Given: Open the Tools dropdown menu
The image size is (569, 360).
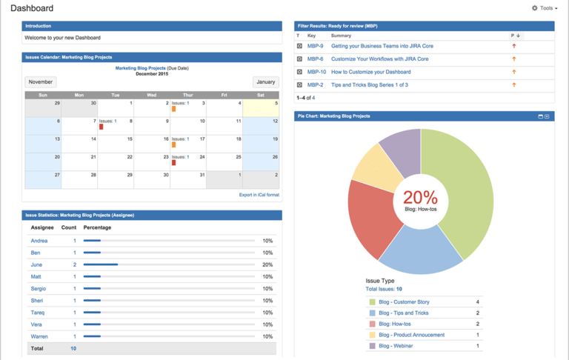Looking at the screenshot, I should pos(545,8).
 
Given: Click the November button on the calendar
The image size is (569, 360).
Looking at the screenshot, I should pos(40,82).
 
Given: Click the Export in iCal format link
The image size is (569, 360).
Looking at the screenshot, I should pos(259,195).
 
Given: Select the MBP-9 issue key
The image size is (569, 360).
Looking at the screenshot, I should pos(315,46).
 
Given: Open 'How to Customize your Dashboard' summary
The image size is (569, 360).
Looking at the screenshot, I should pos(370,72).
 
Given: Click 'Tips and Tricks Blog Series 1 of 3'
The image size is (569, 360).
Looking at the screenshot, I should pos(369,85).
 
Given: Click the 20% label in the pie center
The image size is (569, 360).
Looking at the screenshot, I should pos(420,197).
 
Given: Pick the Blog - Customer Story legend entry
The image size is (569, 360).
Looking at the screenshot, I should pos(404,302).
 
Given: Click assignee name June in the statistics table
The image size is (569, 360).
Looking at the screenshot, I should pos(36,264).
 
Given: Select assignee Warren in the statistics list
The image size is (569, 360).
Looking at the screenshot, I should pos(40,336).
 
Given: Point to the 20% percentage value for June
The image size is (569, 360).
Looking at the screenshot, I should pos(267,264).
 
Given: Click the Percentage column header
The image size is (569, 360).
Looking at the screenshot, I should pos(97,227).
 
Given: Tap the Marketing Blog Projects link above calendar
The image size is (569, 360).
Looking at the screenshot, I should pos(140,68).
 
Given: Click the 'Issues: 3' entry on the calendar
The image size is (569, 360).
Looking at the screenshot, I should pos(180,103).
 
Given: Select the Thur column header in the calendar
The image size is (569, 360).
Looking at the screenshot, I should pos(187,95).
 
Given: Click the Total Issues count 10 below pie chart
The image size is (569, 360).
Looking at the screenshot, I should pos(399,289).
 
